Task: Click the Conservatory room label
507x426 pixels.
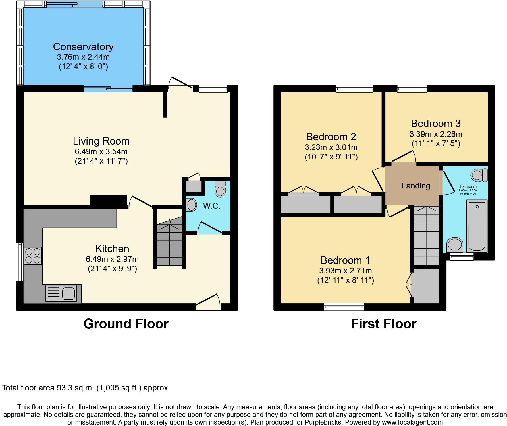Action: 83,47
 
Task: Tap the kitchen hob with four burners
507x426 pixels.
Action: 33,256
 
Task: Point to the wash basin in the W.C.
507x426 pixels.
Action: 191,205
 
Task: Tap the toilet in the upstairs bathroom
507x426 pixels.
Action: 479,175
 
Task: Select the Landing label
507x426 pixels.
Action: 415,186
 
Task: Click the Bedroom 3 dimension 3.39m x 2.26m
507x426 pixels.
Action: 436,134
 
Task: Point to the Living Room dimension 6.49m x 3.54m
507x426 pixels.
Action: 101,151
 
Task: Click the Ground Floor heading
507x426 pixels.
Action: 126,324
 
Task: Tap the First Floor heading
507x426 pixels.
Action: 383,324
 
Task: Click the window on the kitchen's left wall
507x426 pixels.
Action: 19,262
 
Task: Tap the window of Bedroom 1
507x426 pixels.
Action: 344,306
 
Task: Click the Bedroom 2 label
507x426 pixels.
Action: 331,137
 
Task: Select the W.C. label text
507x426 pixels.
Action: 211,206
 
